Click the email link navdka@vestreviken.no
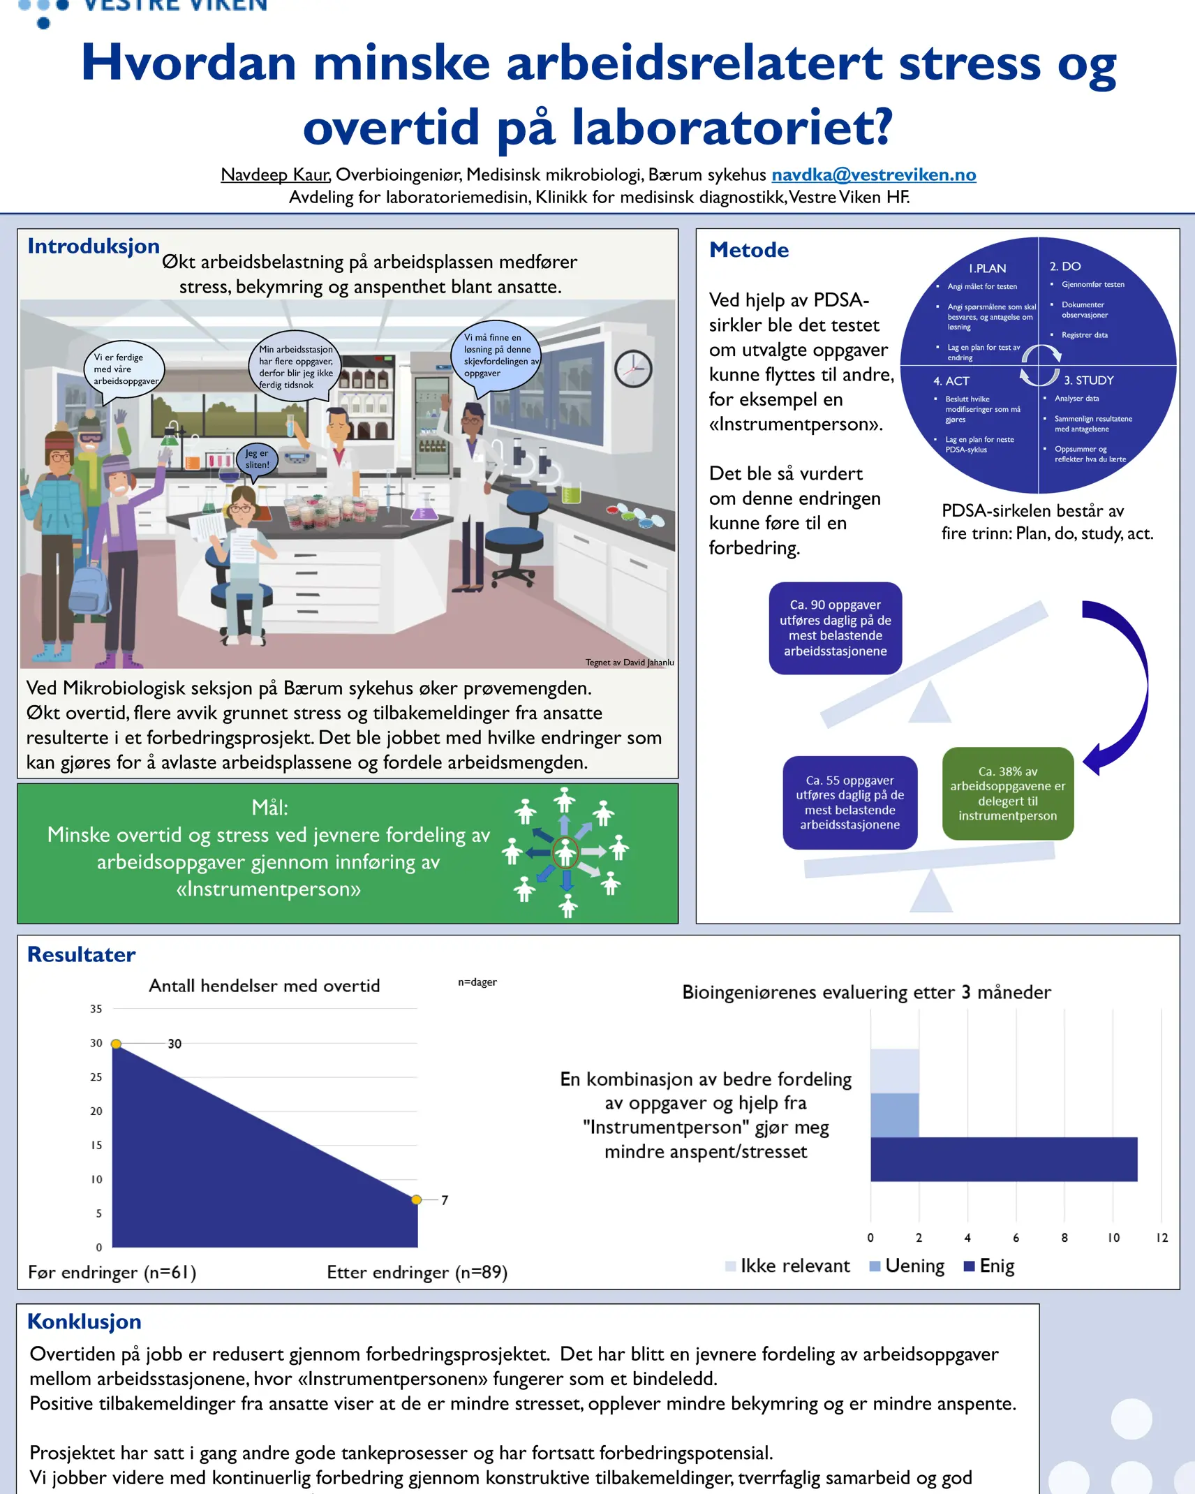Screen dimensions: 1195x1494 pyautogui.click(x=874, y=175)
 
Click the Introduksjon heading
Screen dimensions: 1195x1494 pyautogui.click(x=94, y=246)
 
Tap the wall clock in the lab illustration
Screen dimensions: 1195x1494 pyautogui.click(x=633, y=369)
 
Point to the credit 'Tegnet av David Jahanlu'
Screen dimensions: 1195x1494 pyautogui.click(x=630, y=662)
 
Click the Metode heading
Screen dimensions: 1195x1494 pyautogui.click(x=749, y=250)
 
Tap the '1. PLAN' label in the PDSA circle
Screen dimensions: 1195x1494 pyautogui.click(x=987, y=268)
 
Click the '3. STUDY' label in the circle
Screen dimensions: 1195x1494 pyautogui.click(x=1088, y=380)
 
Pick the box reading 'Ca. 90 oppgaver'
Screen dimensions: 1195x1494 pyautogui.click(x=836, y=628)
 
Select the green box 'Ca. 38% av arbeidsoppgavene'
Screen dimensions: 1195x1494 pyautogui.click(x=1008, y=794)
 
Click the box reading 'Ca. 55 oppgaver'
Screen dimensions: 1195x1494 pyautogui.click(x=850, y=803)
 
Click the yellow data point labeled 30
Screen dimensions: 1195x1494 pyautogui.click(x=117, y=1044)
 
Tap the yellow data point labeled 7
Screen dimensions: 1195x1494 pyautogui.click(x=417, y=1199)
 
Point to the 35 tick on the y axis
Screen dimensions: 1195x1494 pyautogui.click(x=96, y=1009)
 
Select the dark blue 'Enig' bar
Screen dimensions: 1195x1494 pyautogui.click(x=1004, y=1159)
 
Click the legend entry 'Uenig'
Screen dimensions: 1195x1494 pyautogui.click(x=907, y=1266)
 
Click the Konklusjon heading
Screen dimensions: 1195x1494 pyautogui.click(x=84, y=1322)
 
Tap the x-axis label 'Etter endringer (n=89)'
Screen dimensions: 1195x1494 pyautogui.click(x=417, y=1272)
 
